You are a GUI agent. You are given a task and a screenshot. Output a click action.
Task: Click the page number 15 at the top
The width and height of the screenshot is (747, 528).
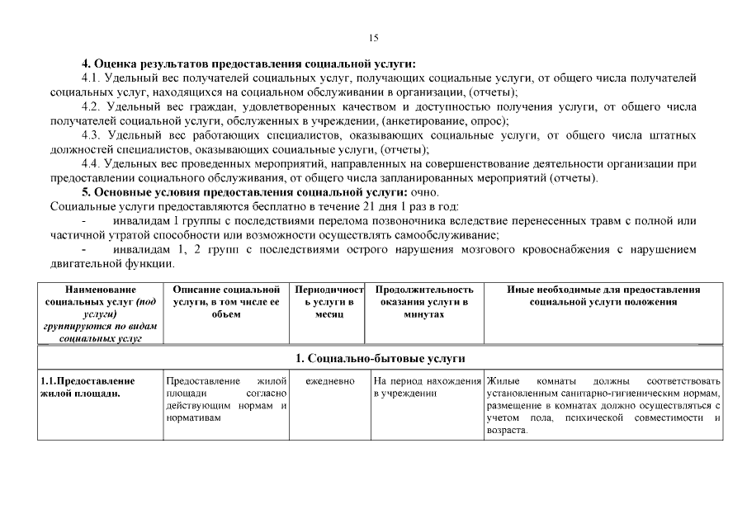373,37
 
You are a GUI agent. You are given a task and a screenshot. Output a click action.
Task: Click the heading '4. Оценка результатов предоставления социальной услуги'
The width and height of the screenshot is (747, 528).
248,64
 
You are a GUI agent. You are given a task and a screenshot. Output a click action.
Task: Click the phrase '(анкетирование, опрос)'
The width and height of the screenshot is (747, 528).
440,121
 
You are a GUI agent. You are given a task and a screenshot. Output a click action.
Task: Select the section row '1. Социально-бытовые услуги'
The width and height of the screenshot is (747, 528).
381,358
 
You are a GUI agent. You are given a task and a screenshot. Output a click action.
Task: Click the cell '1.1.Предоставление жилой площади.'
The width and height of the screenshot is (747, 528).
99,387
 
